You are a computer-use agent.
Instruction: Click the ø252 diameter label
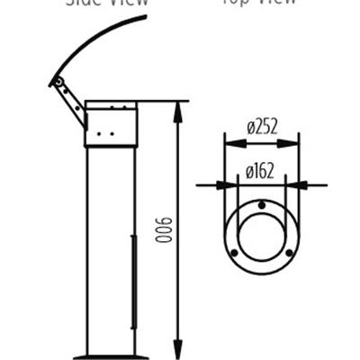(262, 127)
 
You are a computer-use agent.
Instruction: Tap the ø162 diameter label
(262, 170)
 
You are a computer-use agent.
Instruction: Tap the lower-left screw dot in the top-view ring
(235, 253)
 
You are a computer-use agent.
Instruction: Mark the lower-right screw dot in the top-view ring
(287, 253)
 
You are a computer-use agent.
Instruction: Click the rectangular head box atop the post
(111, 125)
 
